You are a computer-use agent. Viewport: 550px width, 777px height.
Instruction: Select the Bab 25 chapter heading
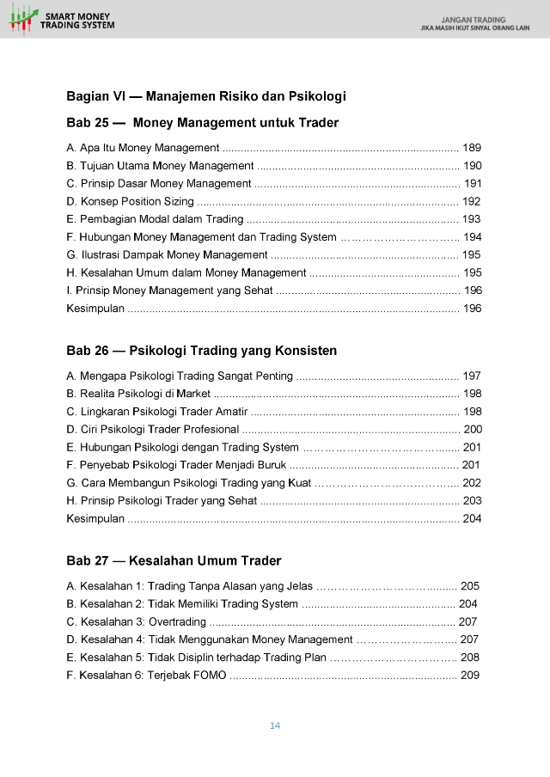pos(202,123)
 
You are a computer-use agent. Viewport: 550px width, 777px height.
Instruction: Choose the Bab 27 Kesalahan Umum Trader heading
pos(174,561)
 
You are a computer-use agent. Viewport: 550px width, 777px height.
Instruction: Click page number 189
pos(472,147)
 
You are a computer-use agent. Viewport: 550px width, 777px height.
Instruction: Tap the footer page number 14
pos(275,725)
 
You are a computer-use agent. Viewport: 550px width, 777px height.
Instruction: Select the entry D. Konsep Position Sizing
pos(130,201)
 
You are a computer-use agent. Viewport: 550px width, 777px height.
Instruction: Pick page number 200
pos(473,429)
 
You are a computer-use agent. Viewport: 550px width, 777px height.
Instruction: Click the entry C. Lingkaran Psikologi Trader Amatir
pos(157,411)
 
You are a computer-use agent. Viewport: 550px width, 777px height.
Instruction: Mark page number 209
pos(470,676)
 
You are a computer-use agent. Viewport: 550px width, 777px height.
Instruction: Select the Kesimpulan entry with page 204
pos(95,518)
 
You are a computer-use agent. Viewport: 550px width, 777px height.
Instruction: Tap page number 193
pos(471,219)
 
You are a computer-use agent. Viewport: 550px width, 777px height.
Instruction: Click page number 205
pos(470,585)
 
